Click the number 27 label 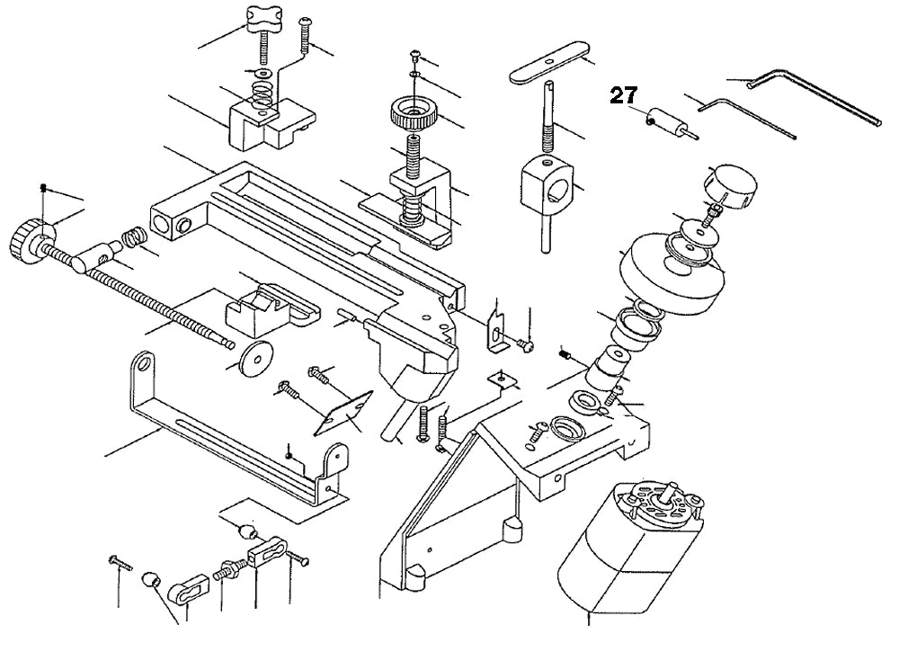(x=624, y=96)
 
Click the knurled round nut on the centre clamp (x=412, y=115)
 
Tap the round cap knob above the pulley (x=733, y=185)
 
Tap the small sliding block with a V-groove (x=266, y=307)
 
